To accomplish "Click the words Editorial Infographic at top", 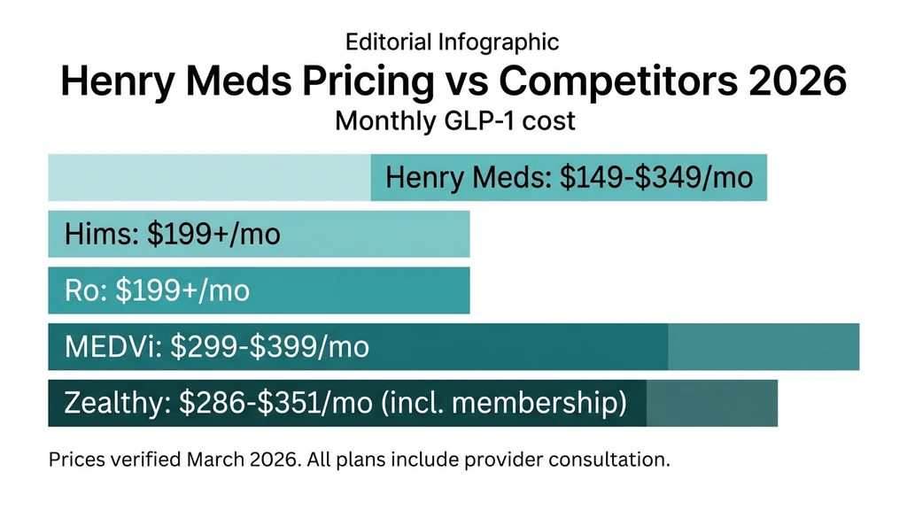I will [x=452, y=42].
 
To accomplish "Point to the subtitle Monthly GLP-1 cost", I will [x=454, y=121].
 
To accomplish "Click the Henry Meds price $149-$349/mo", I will [x=656, y=178].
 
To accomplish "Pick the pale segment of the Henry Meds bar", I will [x=208, y=177].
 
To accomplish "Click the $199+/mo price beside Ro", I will [x=183, y=290].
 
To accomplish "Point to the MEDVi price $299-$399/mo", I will [x=269, y=347].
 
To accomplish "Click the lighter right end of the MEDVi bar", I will [x=763, y=347].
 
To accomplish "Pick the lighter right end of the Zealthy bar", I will [x=711, y=404].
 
